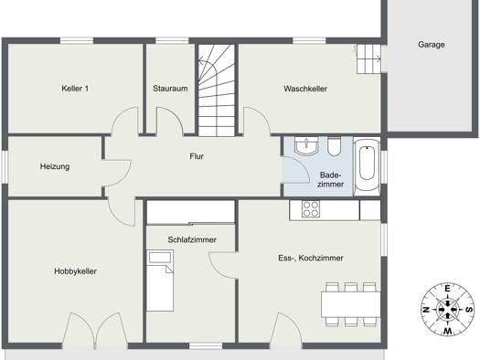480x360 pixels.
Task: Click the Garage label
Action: [431, 45]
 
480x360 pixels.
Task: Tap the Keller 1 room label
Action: [75, 89]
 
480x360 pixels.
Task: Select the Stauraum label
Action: [170, 89]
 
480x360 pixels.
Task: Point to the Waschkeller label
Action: [305, 89]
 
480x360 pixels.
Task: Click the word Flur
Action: [197, 156]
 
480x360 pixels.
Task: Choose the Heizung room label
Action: [55, 166]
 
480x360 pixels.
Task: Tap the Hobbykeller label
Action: [75, 271]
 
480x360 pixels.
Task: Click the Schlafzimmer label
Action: [192, 239]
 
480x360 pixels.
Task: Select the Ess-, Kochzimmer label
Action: [311, 258]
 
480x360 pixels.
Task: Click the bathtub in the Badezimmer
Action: [367, 166]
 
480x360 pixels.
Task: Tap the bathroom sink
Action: [306, 146]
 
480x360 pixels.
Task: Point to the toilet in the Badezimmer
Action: [334, 146]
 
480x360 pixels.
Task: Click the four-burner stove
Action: [311, 209]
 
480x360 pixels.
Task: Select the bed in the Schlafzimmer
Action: [160, 281]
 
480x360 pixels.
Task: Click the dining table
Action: [351, 304]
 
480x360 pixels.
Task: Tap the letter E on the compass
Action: [447, 289]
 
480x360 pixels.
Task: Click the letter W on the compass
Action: [448, 331]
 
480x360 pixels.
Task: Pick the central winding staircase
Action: [217, 90]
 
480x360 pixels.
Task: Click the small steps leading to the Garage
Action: [368, 59]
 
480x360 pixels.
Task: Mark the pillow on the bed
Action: [159, 258]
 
